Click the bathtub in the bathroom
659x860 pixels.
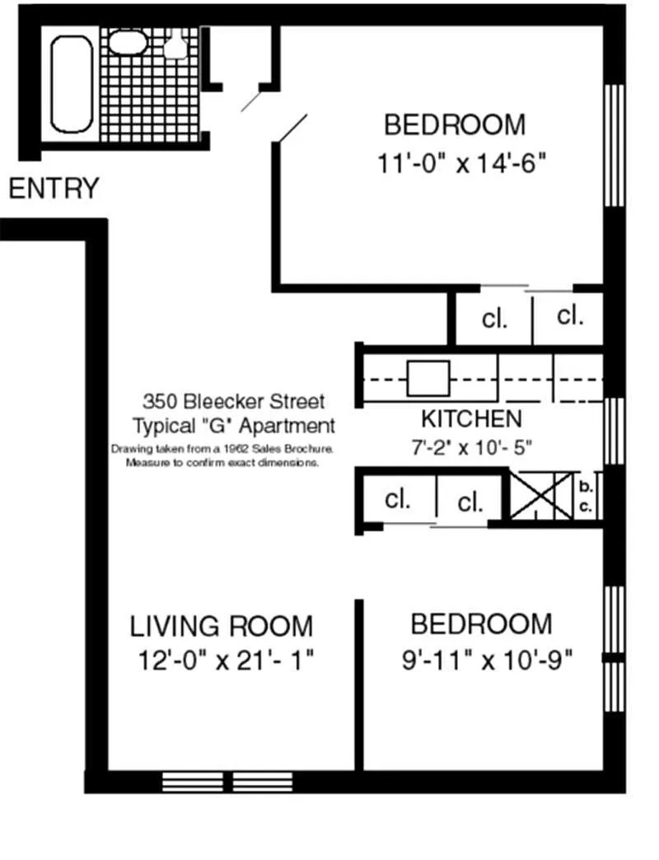coord(72,84)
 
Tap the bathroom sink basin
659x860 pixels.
coord(128,42)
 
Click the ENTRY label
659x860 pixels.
coord(54,188)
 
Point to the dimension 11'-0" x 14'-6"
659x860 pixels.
coord(461,163)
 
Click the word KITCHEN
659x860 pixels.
coord(471,419)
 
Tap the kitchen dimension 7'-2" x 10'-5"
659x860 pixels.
coord(471,447)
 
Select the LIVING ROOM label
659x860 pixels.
coord(222,626)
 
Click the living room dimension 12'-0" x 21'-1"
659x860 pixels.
coord(226,661)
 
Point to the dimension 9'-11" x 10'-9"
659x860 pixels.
coord(488,660)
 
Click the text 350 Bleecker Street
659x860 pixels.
coord(234,401)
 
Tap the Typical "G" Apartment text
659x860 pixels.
coord(234,426)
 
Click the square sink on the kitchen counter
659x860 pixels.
coord(428,378)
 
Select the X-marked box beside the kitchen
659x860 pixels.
coord(541,495)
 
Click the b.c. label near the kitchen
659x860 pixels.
coord(586,497)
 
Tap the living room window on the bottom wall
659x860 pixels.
coord(227,782)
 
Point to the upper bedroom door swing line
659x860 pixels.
coord(289,129)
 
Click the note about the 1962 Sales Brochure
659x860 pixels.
coord(222,456)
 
